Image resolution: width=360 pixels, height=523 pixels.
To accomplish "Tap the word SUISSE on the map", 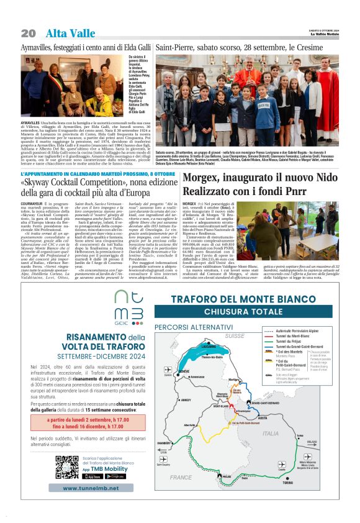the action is (235, 335).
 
